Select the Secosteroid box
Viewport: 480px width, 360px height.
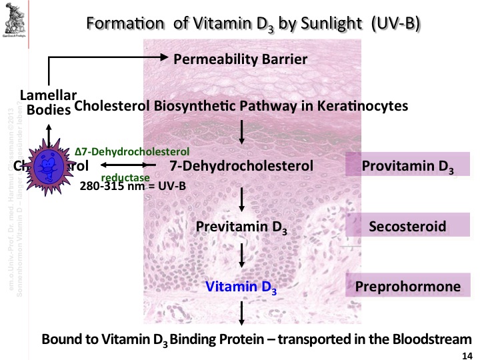[x=408, y=226]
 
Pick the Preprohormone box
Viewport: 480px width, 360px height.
[x=408, y=287]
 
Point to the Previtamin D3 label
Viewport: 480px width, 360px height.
[x=242, y=227]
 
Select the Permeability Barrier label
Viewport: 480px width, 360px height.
[x=240, y=59]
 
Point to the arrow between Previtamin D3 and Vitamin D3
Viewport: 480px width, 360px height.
[x=242, y=257]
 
